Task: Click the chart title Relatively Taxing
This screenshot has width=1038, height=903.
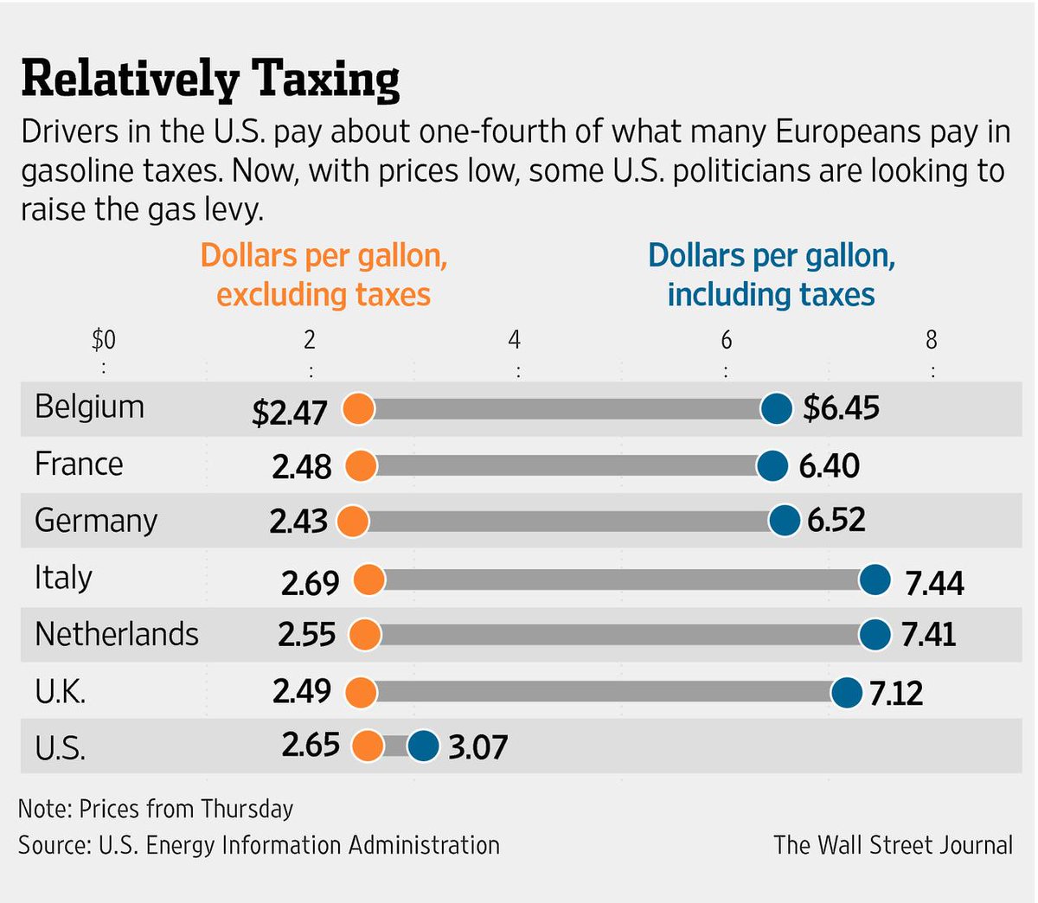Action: tap(210, 79)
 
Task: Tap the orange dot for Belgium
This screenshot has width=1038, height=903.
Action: tap(358, 407)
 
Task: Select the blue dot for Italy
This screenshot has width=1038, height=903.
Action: tap(875, 580)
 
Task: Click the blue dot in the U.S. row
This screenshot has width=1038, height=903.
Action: tap(423, 746)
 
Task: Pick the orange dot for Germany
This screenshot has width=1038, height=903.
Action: tap(352, 522)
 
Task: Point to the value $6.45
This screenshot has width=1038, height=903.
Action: tap(841, 407)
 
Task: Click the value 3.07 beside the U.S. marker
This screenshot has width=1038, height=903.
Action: tap(477, 746)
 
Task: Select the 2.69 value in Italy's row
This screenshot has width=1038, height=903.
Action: tap(310, 583)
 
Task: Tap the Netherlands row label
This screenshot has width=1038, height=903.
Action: tap(117, 634)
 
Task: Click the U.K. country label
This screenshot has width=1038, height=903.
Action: tap(61, 691)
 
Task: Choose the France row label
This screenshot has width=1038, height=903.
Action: tap(79, 464)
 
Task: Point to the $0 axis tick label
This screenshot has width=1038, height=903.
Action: tap(104, 340)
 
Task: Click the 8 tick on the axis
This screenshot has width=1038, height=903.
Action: tap(932, 340)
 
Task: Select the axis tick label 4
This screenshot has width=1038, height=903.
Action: tap(515, 340)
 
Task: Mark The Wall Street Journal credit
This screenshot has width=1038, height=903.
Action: tap(893, 844)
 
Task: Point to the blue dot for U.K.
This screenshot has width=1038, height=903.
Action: tap(847, 692)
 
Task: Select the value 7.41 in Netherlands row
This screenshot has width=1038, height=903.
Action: tap(928, 635)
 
